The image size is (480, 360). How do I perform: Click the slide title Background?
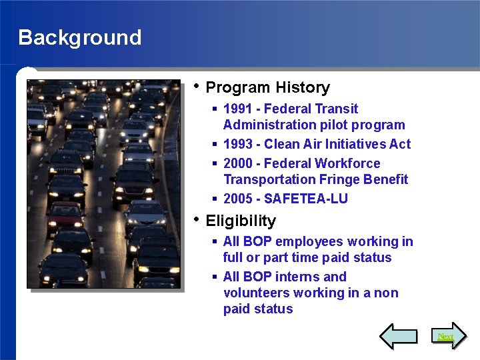click(80, 37)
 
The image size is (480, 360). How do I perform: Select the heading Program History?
click(267, 87)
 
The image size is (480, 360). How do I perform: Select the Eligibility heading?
click(241, 221)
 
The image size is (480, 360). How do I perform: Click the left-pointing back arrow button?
click(398, 336)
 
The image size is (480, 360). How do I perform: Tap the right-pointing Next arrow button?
click(445, 336)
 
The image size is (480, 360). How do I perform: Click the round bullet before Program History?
click(195, 86)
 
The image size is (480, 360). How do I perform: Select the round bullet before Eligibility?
click(195, 219)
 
